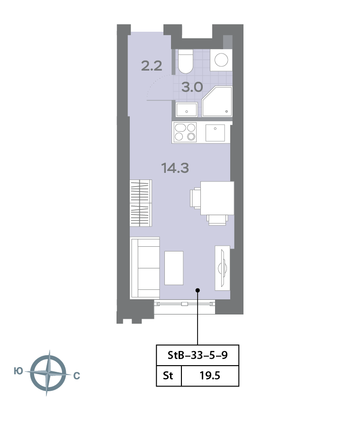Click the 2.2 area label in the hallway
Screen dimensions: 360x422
(152, 66)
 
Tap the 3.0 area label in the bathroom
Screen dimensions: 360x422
(192, 87)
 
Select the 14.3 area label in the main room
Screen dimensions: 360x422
(175, 168)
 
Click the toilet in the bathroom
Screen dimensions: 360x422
(186, 62)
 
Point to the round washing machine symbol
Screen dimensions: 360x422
(221, 60)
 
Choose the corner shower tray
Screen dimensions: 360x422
(217, 101)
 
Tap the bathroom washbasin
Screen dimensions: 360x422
(187, 109)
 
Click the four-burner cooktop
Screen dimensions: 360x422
(185, 132)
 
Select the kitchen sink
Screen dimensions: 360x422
(215, 133)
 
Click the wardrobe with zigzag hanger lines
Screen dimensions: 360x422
(141, 203)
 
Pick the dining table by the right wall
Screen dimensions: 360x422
(217, 198)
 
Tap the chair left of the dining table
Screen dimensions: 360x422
(195, 198)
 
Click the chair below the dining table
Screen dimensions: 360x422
(217, 220)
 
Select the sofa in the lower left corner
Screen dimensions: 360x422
(145, 268)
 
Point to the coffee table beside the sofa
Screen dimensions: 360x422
(174, 268)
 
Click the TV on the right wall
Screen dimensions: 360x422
(223, 268)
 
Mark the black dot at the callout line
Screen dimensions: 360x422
(198, 290)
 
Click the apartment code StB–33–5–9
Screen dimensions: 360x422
(198, 355)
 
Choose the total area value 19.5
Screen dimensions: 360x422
(210, 376)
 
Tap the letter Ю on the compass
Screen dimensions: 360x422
(18, 371)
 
